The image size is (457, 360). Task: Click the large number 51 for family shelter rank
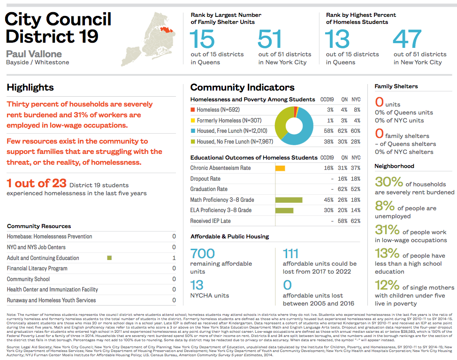tap(270, 39)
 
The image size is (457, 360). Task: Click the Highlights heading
tap(30, 87)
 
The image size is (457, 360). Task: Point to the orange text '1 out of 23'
tap(36, 183)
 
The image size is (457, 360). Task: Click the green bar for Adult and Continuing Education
tap(109, 258)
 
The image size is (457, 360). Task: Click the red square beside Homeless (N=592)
tap(193, 109)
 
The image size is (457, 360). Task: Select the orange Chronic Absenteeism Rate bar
tap(280, 168)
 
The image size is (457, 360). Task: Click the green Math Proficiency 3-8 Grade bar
tap(289, 200)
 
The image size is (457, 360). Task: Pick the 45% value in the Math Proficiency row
tap(328, 200)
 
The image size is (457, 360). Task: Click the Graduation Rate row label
tap(209, 189)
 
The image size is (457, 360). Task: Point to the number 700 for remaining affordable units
tap(203, 254)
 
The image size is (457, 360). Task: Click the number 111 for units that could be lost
tap(291, 254)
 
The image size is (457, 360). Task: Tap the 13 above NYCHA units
tap(197, 285)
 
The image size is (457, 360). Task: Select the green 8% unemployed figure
tap(384, 205)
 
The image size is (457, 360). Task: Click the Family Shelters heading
tap(396, 86)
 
